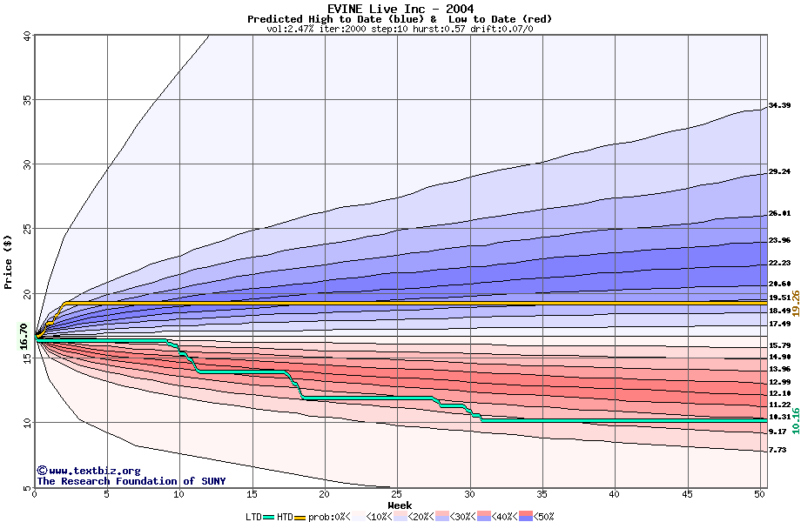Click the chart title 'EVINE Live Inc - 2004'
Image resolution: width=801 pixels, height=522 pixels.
[x=400, y=8]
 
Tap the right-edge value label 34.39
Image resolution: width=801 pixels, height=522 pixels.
[x=778, y=106]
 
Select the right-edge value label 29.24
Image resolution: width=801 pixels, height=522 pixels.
[x=778, y=172]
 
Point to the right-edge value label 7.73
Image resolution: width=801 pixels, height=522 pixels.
[x=778, y=450]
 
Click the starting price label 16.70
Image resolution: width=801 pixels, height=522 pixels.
[x=24, y=336]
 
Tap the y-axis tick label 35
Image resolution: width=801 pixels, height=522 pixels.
[x=26, y=100]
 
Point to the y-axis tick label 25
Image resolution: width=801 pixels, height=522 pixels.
[x=26, y=230]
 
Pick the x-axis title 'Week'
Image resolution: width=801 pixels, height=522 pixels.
[x=400, y=505]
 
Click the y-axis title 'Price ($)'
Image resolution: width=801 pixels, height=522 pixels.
[x=8, y=261]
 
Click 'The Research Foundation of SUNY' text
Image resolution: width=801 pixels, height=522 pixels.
[x=131, y=481]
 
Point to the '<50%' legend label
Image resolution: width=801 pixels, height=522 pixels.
[x=542, y=517]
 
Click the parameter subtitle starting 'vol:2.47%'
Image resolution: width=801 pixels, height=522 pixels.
[x=400, y=29]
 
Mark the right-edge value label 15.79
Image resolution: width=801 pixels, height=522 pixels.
[x=778, y=345]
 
